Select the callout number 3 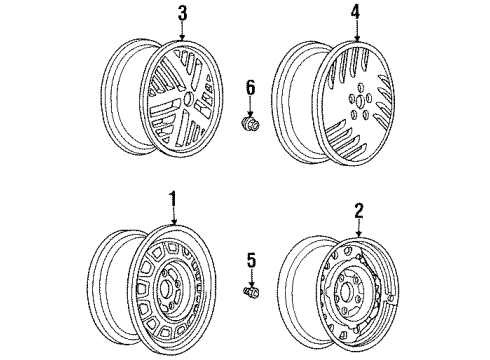point(182,14)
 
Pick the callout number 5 point(251,261)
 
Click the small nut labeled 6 point(251,126)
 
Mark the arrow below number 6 point(251,108)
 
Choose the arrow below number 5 point(251,279)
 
